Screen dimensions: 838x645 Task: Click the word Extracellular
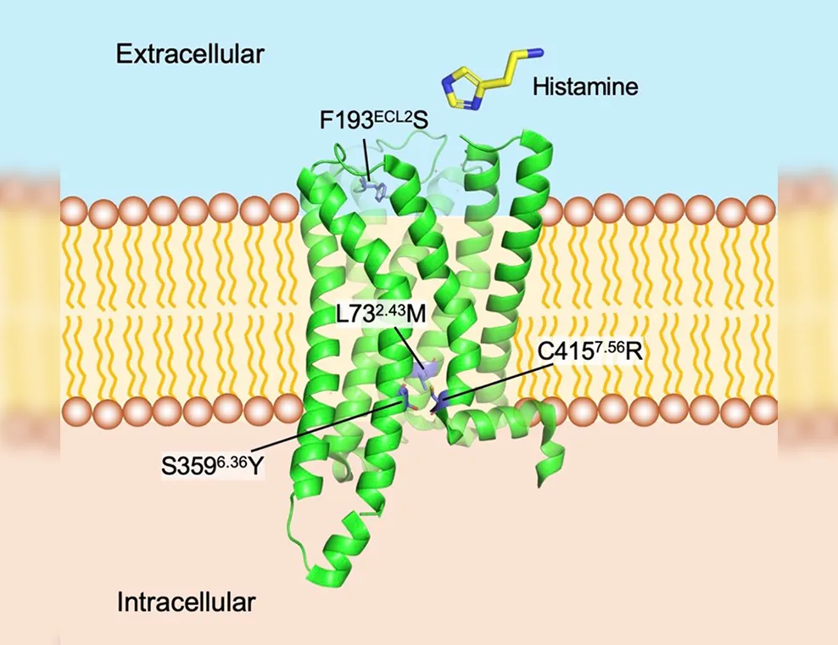point(190,54)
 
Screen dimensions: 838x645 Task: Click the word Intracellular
point(186,603)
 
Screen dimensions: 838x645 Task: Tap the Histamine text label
point(585,86)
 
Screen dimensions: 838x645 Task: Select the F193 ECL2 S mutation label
point(373,120)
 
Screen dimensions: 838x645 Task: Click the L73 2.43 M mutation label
point(381,314)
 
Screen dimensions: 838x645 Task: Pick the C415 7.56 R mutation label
point(590,351)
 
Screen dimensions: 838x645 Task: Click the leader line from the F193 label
point(366,159)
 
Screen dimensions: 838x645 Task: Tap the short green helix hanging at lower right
point(548,460)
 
